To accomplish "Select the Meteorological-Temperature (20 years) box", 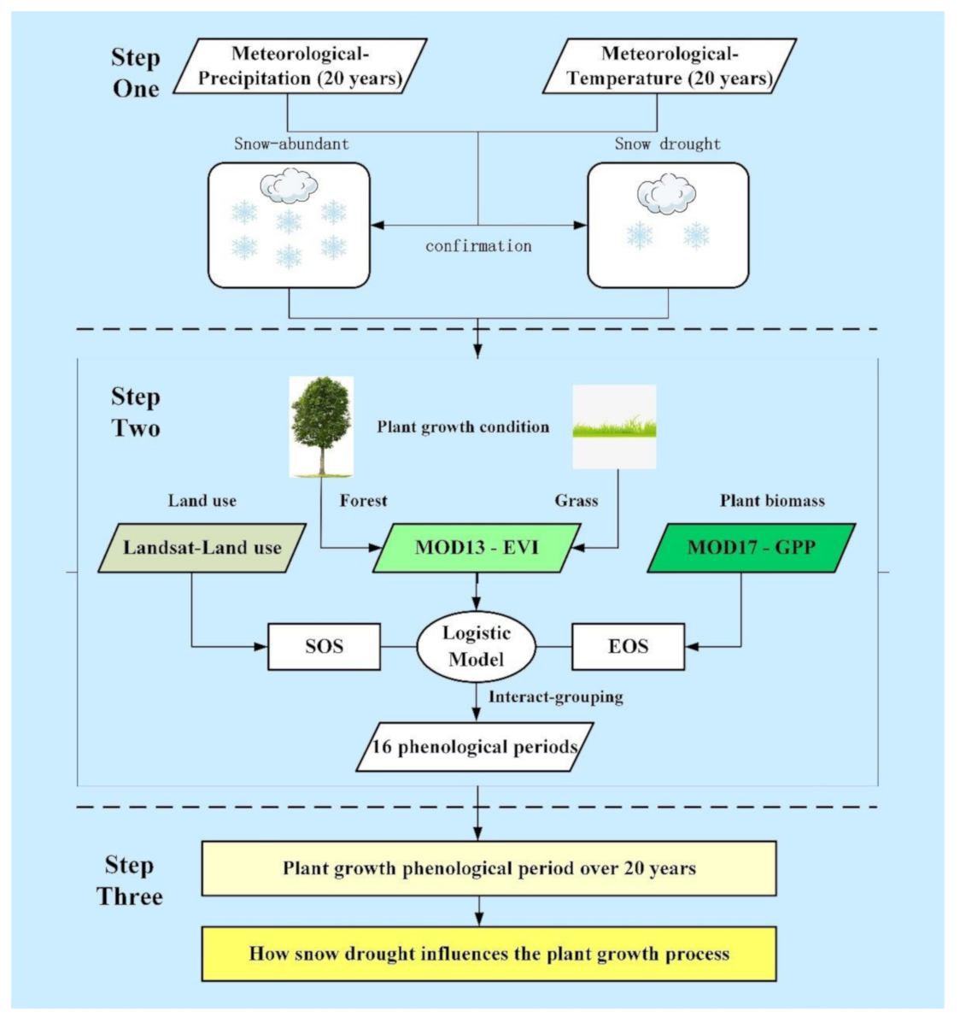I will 670,67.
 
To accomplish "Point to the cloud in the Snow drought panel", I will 666,195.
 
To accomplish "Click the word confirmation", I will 478,246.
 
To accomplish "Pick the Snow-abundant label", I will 291,144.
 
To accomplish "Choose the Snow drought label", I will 667,144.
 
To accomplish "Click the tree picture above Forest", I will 321,426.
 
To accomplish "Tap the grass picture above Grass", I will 614,426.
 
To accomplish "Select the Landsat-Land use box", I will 202,548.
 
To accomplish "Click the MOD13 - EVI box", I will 477,548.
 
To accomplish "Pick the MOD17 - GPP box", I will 752,548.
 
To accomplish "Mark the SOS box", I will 325,646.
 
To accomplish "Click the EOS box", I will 628,646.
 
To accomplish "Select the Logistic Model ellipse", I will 477,646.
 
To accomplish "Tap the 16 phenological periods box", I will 475,747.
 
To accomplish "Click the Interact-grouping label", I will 555,697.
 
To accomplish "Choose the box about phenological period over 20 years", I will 489,868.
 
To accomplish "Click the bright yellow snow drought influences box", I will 489,953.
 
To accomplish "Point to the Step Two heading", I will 135,412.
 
